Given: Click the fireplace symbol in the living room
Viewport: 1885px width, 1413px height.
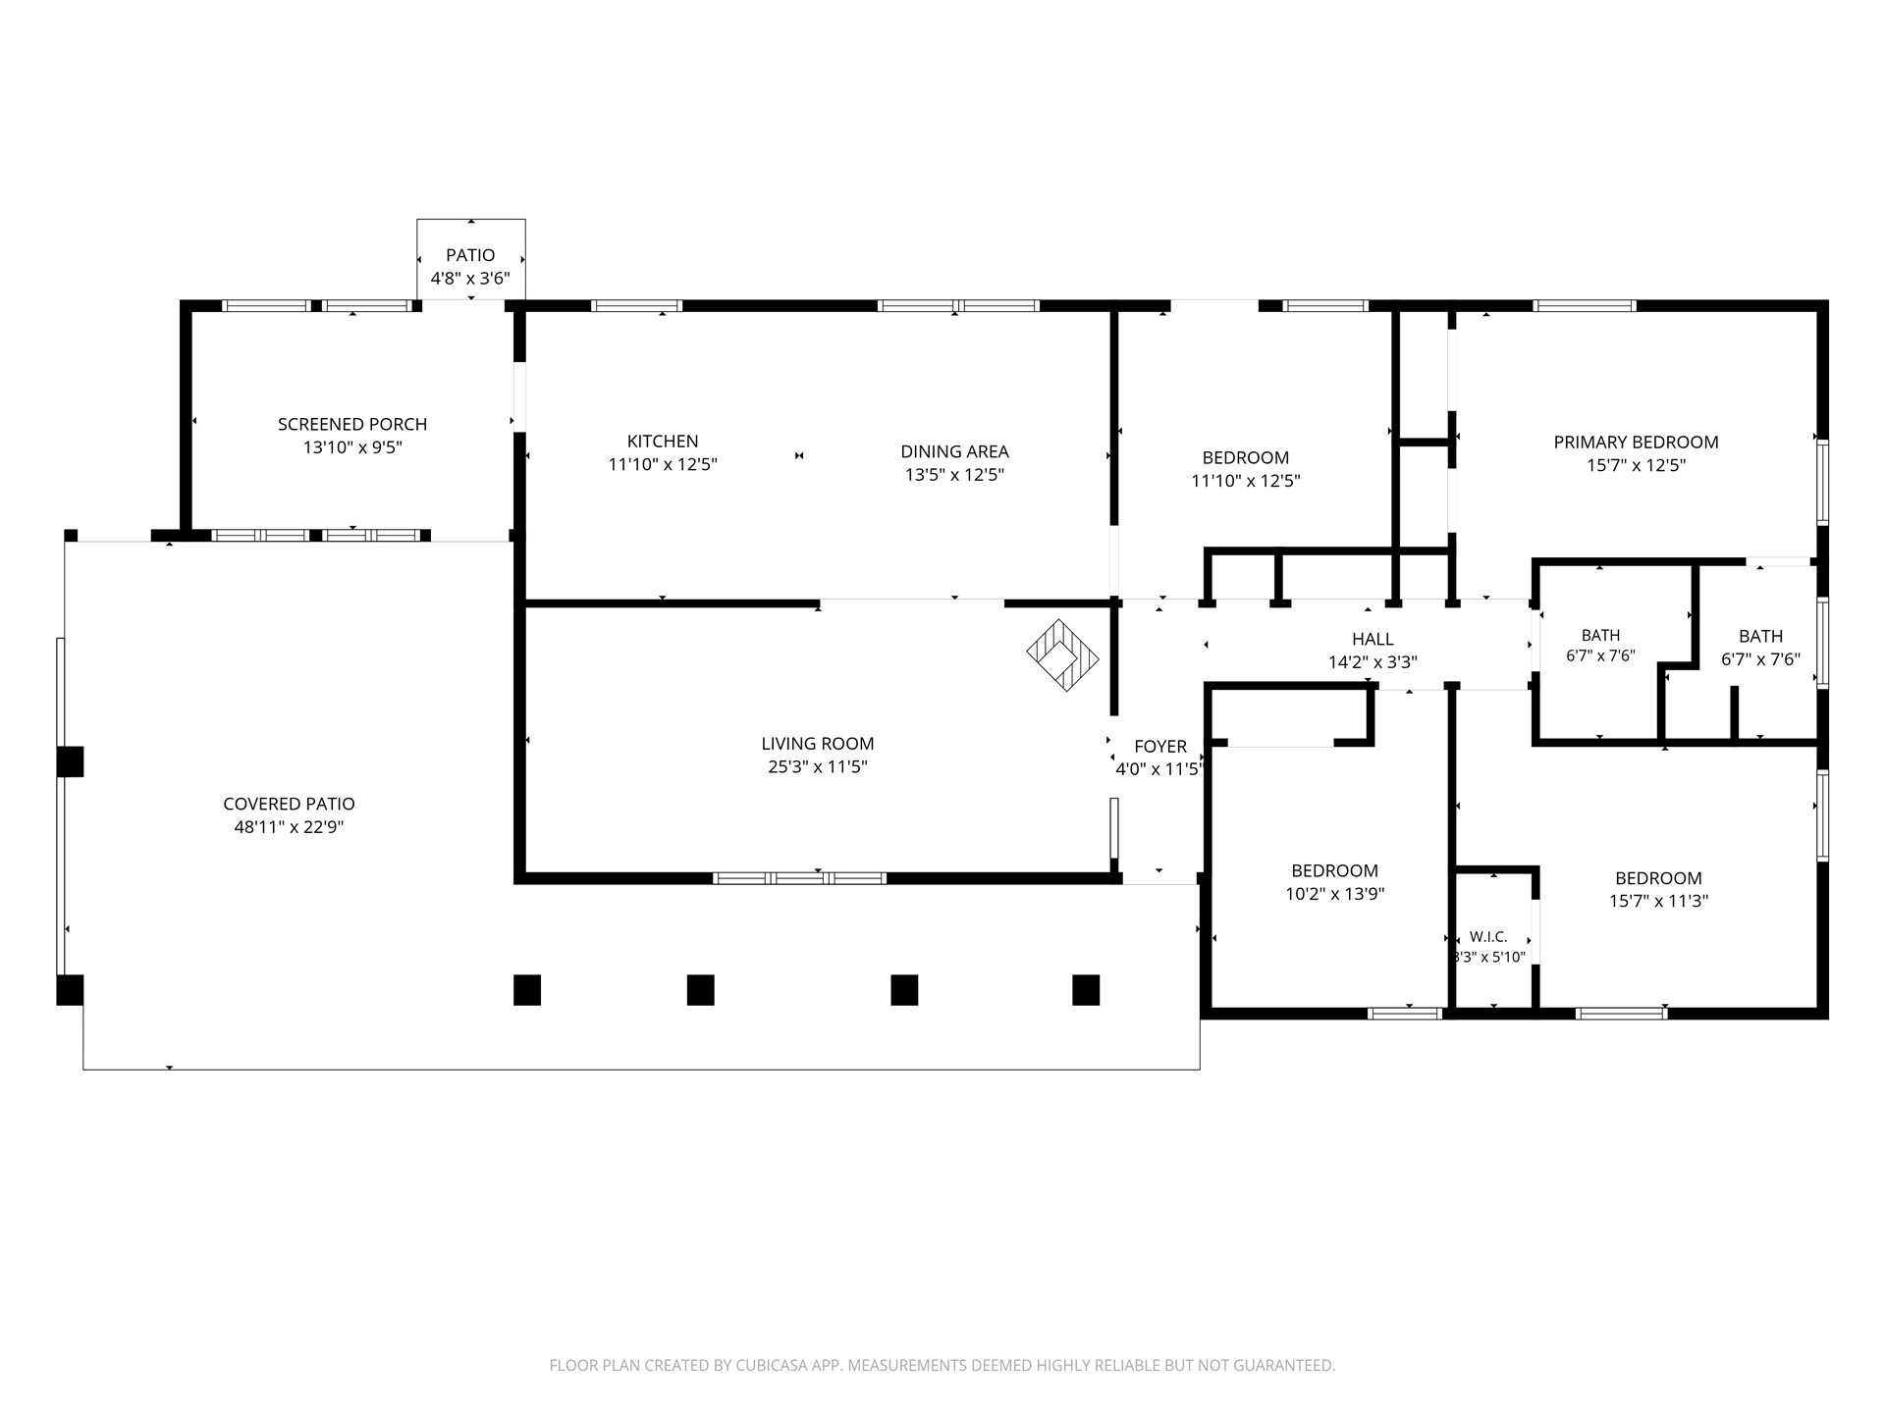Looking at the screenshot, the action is click(x=1062, y=654).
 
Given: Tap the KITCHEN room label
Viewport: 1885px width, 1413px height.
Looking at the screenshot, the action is click(x=663, y=442).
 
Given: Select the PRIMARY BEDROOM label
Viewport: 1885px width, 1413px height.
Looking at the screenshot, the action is click(x=1636, y=443).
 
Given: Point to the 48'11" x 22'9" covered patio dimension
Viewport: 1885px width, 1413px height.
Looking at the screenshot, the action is click(x=289, y=827).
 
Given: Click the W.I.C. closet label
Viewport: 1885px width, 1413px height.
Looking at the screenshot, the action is click(x=1488, y=937).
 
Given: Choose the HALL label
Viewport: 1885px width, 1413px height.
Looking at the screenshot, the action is click(x=1373, y=640).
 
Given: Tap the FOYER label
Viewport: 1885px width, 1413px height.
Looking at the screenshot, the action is click(x=1160, y=747).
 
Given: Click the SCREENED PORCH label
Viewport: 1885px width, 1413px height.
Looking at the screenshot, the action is click(x=352, y=425).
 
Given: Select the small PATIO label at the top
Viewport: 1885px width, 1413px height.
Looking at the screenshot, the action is click(x=470, y=256).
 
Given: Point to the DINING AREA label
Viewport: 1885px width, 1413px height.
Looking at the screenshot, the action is click(x=954, y=452).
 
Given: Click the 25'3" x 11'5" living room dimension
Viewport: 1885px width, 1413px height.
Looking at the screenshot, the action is click(x=818, y=767).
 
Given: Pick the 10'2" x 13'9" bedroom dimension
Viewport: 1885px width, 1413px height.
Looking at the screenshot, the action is click(x=1334, y=894).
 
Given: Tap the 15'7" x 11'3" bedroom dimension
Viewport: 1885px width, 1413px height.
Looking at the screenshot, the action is click(x=1658, y=902).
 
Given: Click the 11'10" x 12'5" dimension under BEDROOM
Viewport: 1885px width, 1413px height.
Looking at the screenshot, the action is click(x=1245, y=481).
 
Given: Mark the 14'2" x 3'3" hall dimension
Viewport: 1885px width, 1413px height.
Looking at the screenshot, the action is click(x=1373, y=662).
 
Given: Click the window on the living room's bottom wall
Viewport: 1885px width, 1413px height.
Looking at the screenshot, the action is click(x=799, y=878).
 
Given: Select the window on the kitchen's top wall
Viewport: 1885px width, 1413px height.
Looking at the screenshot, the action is click(x=636, y=305).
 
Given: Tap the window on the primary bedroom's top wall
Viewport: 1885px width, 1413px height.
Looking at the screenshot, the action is click(x=1585, y=305).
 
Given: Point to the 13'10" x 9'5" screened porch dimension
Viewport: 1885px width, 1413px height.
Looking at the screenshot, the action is click(x=352, y=448).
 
